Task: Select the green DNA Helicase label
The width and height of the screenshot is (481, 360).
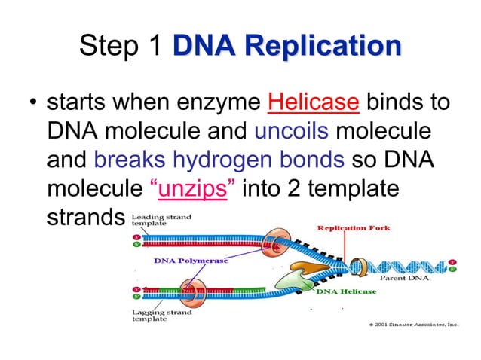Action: pos(346,291)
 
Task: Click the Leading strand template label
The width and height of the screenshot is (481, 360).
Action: pos(161,221)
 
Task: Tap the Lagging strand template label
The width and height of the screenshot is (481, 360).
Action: pos(161,315)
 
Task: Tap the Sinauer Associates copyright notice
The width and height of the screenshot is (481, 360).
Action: pos(412,325)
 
